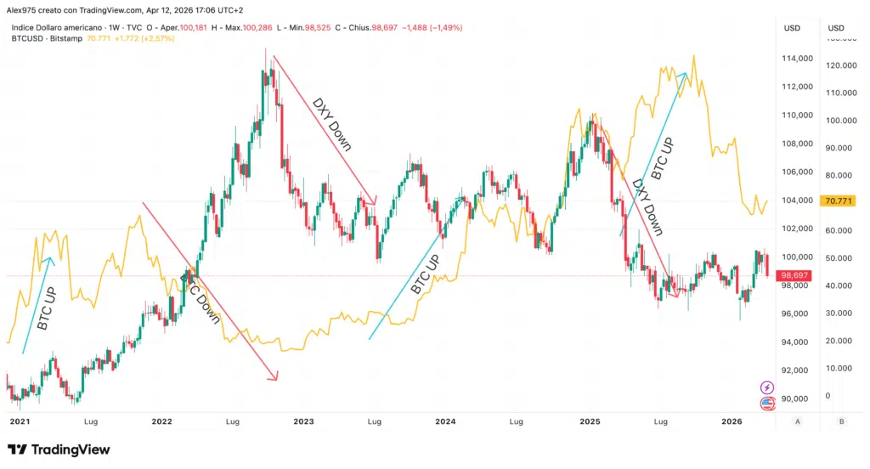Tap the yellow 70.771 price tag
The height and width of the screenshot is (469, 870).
[x=838, y=201]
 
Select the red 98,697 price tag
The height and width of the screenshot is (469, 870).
[x=795, y=276]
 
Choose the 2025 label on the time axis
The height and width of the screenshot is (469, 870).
[x=590, y=421]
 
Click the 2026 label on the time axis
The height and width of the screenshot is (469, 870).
[x=732, y=421]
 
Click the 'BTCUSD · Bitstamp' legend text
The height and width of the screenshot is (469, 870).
[x=47, y=39]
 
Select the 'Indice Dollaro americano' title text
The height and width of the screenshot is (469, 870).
[x=59, y=28]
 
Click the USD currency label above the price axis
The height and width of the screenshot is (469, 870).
[x=792, y=28]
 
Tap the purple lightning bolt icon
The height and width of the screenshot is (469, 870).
[x=767, y=387]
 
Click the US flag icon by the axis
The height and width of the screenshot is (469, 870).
[x=767, y=403]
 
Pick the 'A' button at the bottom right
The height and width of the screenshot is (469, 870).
[x=797, y=421]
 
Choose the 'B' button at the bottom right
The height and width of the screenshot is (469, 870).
[x=840, y=421]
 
